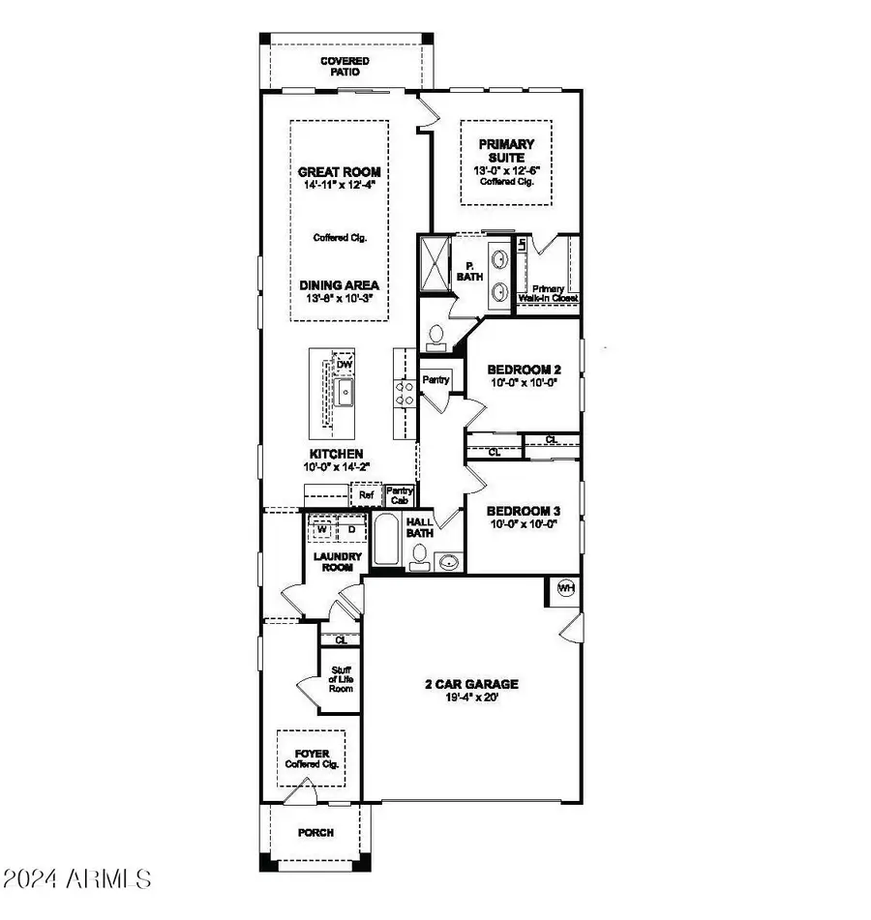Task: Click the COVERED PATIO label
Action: coord(345,67)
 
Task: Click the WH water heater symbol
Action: coord(565,587)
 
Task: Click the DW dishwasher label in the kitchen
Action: coord(344,364)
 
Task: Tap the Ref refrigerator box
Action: coord(366,495)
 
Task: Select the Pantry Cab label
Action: coord(399,495)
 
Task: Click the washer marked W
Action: coord(320,529)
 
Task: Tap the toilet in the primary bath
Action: coord(435,337)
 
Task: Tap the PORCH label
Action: coord(315,832)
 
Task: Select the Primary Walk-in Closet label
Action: coord(551,293)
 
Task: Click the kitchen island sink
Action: coord(344,392)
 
